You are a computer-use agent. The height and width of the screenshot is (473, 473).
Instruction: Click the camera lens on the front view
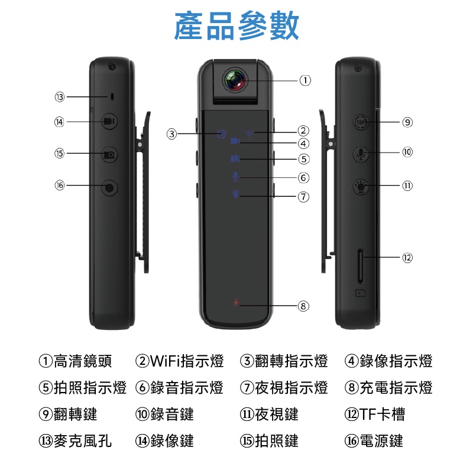pos(235,80)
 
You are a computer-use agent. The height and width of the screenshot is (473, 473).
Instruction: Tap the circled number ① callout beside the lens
pos(304,80)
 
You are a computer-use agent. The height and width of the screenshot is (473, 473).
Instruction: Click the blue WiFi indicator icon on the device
pos(250,132)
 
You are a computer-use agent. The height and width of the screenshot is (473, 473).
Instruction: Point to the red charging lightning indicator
pos(235,304)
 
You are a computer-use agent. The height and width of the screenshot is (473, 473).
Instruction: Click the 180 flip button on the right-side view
pos(361,122)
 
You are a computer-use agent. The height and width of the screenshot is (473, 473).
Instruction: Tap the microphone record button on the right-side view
pos(361,154)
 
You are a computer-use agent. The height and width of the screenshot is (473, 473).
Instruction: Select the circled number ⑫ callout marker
pos(407,258)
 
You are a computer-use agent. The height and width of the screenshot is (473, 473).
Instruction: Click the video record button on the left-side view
pos(109,122)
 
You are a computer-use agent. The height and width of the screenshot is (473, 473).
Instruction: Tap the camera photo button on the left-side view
pos(109,154)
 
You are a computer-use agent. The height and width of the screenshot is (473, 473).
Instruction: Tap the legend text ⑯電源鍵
pos(374,440)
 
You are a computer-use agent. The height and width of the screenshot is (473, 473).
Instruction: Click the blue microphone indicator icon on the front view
pos(235,176)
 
